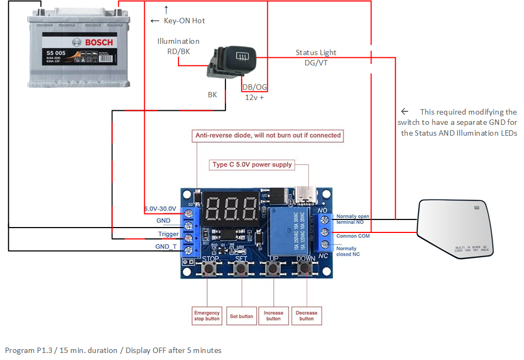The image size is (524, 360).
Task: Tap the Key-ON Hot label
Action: click(184, 21)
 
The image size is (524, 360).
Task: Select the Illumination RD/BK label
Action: click(178, 46)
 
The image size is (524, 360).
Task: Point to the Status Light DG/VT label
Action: click(316, 57)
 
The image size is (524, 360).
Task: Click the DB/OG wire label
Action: click(254, 87)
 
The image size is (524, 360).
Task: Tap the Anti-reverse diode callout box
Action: click(268, 135)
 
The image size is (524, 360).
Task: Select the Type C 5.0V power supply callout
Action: click(252, 164)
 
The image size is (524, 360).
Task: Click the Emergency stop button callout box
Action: click(207, 316)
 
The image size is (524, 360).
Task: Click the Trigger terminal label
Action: click(168, 234)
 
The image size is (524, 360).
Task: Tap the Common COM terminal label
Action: click(353, 236)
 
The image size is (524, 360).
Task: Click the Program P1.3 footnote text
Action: click(113, 350)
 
